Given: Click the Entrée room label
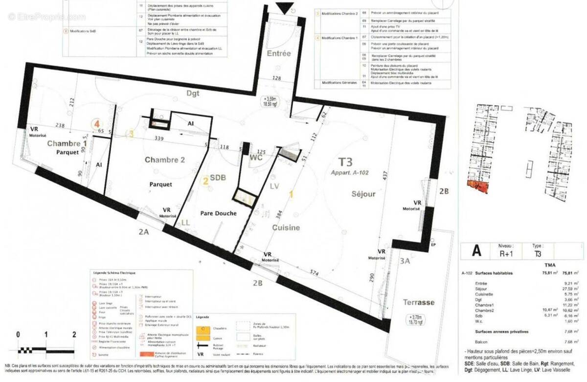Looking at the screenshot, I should coord(279,54).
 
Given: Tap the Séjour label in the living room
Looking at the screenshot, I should coord(363,194).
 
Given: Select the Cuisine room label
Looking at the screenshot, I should coord(286,227).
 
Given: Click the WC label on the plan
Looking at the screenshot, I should coord(257,158).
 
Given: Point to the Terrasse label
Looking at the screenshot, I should coord(419,302).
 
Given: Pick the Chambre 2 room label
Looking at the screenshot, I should coord(165,160).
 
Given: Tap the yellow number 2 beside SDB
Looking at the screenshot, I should coord(206,181).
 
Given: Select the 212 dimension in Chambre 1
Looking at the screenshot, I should coord(72,103).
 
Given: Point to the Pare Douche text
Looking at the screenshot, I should coord(219,214).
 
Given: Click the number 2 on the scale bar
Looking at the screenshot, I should coord(74,335).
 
